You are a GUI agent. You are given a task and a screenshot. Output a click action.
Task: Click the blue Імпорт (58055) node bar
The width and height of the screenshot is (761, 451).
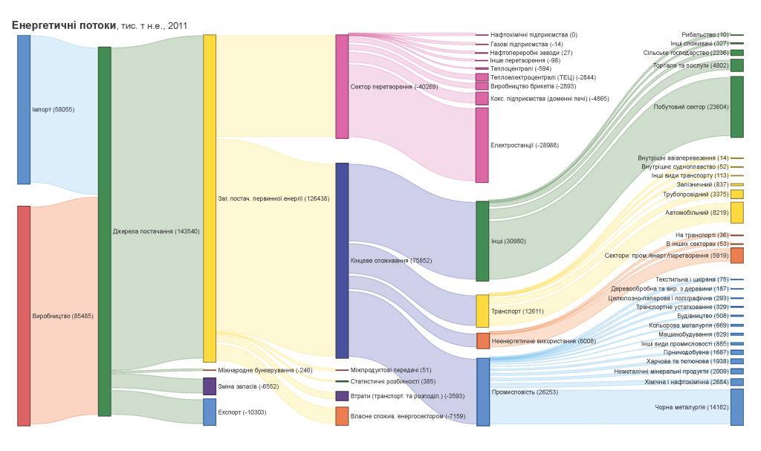24,109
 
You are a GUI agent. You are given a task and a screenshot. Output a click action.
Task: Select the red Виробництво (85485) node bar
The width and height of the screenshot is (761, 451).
24,316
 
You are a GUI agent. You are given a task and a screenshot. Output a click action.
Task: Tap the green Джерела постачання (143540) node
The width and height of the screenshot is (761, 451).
105,231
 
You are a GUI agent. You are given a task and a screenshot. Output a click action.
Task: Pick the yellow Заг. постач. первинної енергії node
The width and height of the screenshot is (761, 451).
210,198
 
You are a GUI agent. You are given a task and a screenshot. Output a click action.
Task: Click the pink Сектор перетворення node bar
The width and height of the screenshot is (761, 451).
342,86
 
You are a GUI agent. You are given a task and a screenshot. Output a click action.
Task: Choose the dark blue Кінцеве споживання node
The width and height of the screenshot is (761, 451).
342,261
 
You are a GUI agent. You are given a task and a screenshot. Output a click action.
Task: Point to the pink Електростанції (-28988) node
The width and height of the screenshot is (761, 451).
482,145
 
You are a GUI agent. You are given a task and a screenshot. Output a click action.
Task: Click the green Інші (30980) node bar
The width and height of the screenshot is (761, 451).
482,241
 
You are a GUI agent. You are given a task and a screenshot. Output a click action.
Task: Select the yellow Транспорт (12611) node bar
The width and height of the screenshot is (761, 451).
482,311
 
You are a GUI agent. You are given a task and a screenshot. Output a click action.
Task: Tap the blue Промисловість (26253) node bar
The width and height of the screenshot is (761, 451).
483,392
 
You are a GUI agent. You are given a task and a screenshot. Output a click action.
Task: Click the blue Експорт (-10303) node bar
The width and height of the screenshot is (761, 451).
210,412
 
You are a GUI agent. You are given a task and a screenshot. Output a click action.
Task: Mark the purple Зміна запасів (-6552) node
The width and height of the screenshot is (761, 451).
210,386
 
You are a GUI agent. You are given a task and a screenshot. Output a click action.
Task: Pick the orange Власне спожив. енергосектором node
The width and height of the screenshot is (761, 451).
342,416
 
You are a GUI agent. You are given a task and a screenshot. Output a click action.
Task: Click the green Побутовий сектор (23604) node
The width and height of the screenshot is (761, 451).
736,107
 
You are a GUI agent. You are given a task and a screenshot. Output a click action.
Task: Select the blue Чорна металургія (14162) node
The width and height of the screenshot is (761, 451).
736,407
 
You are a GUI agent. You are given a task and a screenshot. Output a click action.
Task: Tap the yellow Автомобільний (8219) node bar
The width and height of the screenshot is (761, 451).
736,212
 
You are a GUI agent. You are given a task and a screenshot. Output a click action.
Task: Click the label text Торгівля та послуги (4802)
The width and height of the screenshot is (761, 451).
690,65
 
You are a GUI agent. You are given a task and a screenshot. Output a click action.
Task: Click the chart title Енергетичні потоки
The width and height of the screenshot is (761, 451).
64,25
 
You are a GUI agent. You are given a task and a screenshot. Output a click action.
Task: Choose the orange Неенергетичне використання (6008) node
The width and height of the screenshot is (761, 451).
483,341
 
